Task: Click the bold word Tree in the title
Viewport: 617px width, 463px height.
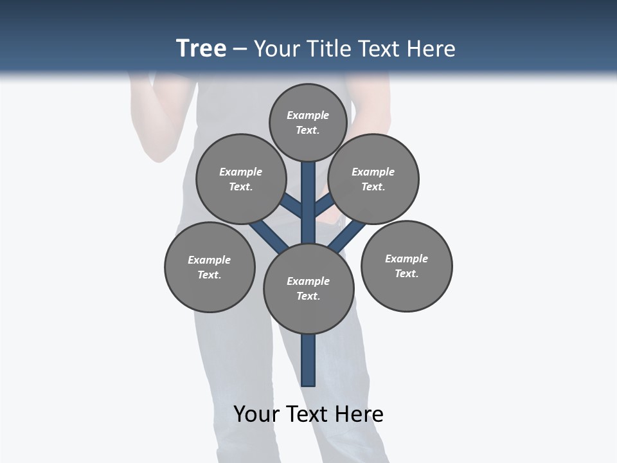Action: pyautogui.click(x=201, y=48)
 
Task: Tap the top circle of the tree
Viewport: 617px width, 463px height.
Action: pyautogui.click(x=308, y=122)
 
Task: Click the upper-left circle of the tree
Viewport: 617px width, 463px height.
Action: pyautogui.click(x=241, y=179)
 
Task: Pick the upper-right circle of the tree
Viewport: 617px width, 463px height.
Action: pyautogui.click(x=373, y=179)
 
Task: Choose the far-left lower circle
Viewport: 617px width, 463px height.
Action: pyautogui.click(x=210, y=267)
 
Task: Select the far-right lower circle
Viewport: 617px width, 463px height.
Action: pyautogui.click(x=406, y=266)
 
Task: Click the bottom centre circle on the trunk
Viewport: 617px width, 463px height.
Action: pyautogui.click(x=308, y=288)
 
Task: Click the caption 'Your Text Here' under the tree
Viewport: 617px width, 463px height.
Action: pyautogui.click(x=308, y=413)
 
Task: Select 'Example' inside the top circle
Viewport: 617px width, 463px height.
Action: pyautogui.click(x=308, y=115)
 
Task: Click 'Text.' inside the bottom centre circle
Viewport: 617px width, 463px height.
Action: pyautogui.click(x=308, y=296)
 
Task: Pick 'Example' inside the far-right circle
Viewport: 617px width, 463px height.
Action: pyautogui.click(x=406, y=259)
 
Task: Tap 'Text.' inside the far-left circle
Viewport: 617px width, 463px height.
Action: pyautogui.click(x=210, y=275)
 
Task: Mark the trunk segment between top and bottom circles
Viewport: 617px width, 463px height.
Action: pyautogui.click(x=308, y=203)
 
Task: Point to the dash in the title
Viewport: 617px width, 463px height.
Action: pyautogui.click(x=240, y=49)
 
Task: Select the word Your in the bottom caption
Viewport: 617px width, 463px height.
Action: pyautogui.click(x=256, y=413)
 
